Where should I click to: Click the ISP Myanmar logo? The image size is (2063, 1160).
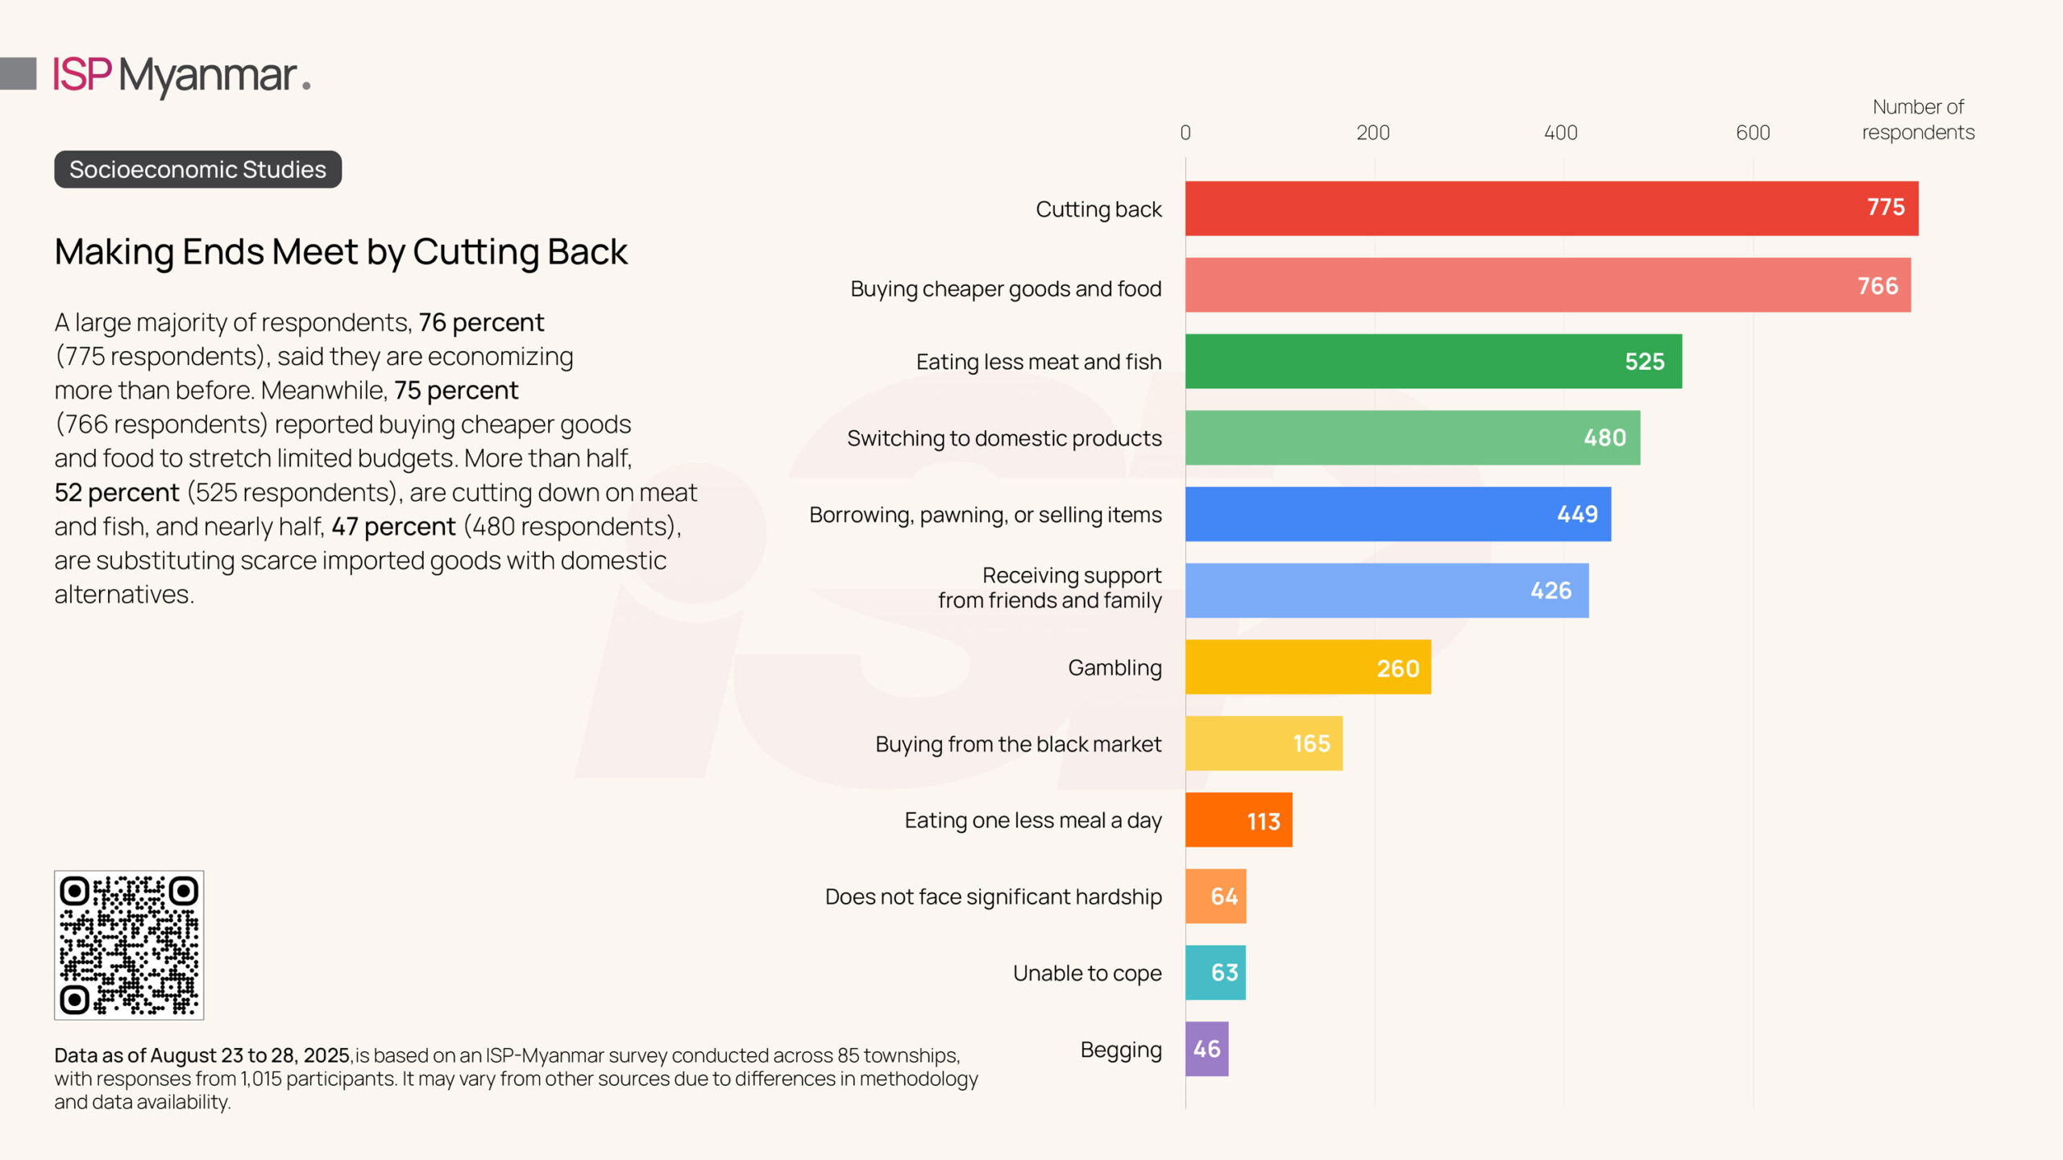181,75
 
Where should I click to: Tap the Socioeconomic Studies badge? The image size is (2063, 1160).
197,169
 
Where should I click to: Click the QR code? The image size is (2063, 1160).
129,945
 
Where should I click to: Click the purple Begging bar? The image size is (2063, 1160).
1206,1049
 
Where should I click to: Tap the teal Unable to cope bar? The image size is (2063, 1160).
1215,972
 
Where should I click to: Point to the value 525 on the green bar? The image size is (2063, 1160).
1644,362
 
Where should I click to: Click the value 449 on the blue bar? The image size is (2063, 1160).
1577,514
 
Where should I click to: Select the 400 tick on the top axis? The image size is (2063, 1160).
1560,133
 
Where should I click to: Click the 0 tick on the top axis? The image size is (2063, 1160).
1185,133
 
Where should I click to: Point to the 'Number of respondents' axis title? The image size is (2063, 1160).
1918,119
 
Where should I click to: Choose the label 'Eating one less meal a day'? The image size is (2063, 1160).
1032,820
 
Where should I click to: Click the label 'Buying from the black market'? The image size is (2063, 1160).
1018,744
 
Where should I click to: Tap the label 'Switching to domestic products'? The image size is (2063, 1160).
1004,438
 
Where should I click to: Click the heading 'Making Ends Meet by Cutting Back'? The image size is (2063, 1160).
340,252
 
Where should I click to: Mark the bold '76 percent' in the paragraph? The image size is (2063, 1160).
481,322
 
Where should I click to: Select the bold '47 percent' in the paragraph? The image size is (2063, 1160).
393,526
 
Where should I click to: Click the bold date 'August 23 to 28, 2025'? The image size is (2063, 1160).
250,1055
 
